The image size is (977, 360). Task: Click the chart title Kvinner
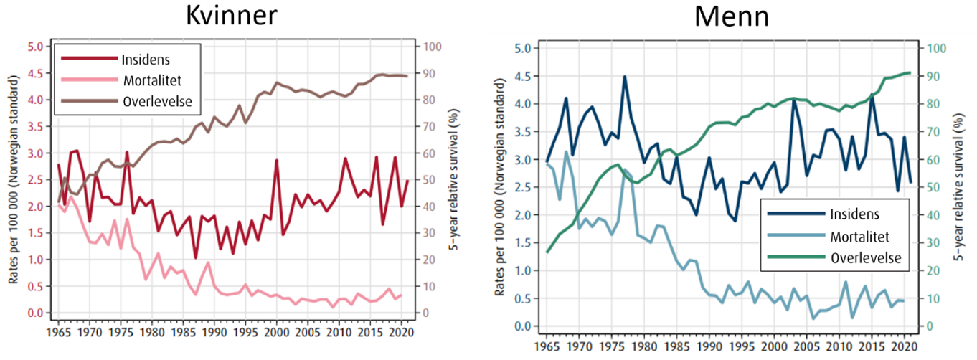[x=232, y=17]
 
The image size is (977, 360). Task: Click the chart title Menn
[x=725, y=17]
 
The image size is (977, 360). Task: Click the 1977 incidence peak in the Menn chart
[x=625, y=76]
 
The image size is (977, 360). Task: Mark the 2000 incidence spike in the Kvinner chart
[x=276, y=161]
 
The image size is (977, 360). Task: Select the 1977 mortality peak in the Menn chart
[x=625, y=170]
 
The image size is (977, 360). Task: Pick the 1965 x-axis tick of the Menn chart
[x=547, y=346]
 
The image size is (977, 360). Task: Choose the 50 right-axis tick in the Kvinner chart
[x=430, y=180]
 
